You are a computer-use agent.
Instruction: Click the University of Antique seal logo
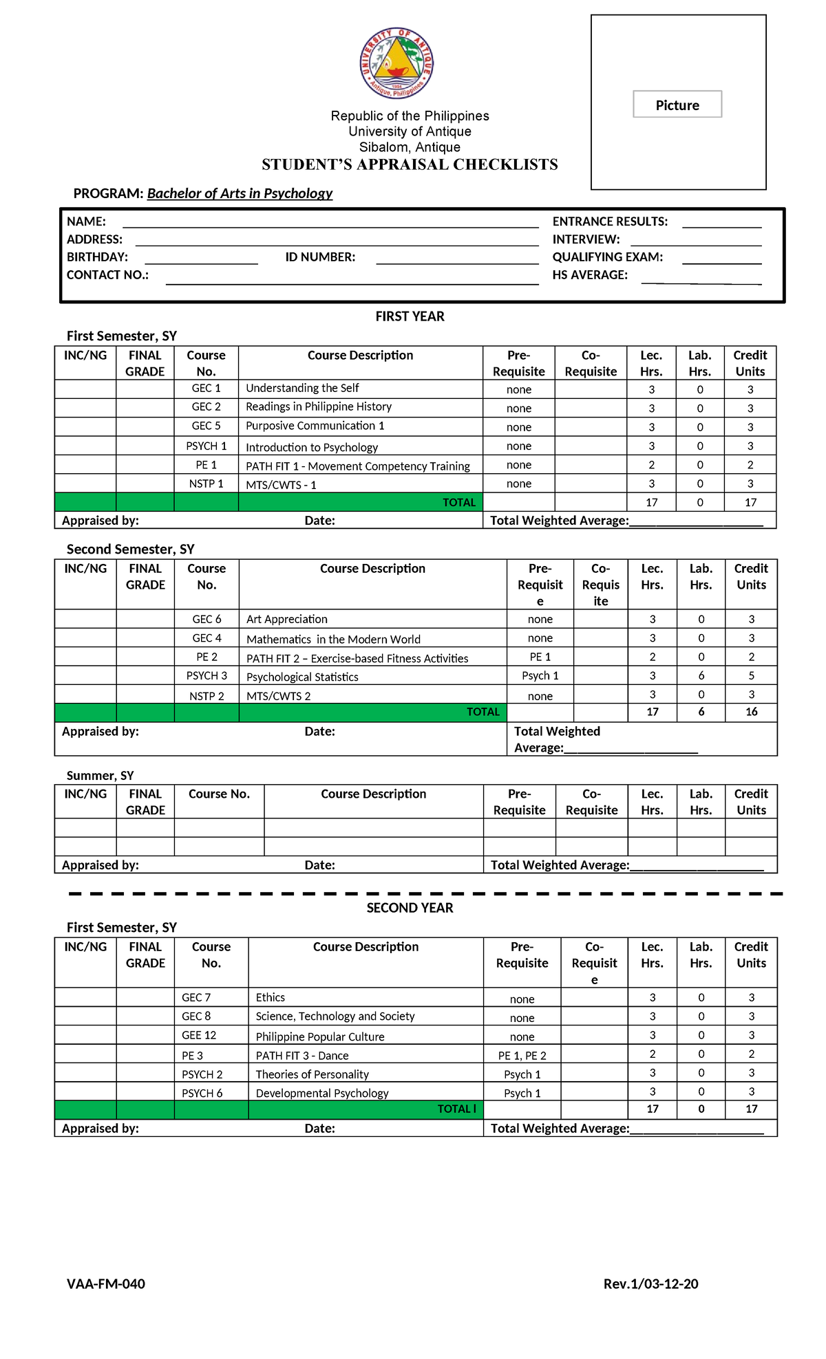pyautogui.click(x=396, y=64)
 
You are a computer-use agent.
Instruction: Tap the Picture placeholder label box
pyautogui.click(x=677, y=105)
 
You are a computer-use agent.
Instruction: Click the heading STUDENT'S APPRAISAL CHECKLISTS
pyautogui.click(x=410, y=164)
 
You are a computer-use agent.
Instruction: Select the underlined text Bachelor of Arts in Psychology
pyautogui.click(x=240, y=193)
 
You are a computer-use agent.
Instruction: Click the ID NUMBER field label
pyautogui.click(x=320, y=257)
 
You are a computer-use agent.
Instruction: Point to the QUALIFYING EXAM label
pyautogui.click(x=607, y=257)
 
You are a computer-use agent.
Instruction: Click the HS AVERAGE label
pyautogui.click(x=590, y=275)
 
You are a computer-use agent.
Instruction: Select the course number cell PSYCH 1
pyautogui.click(x=206, y=446)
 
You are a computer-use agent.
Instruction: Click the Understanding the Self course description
pyautogui.click(x=302, y=388)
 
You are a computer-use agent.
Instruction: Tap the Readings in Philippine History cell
pyautogui.click(x=319, y=406)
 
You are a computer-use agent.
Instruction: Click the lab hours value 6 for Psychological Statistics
pyautogui.click(x=701, y=675)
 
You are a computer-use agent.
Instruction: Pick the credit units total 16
pyautogui.click(x=751, y=712)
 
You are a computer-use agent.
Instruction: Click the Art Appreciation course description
pyautogui.click(x=286, y=619)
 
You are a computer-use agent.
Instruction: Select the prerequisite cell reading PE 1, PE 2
pyautogui.click(x=522, y=1055)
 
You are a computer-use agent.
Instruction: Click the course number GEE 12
pyautogui.click(x=199, y=1035)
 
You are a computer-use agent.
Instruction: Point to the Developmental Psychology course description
pyautogui.click(x=321, y=1093)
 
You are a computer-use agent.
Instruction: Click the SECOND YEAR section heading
pyautogui.click(x=410, y=908)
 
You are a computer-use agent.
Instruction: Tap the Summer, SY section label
pyautogui.click(x=100, y=776)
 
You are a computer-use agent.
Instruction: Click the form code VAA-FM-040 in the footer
pyautogui.click(x=105, y=1283)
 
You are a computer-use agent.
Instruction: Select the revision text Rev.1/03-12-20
pyautogui.click(x=650, y=1283)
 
